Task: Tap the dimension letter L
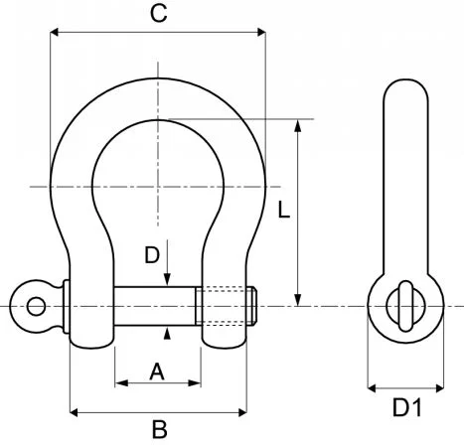[283, 211]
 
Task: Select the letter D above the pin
[152, 255]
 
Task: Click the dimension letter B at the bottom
[158, 429]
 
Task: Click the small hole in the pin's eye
[35, 305]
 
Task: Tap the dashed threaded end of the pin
[228, 305]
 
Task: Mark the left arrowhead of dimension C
[55, 33]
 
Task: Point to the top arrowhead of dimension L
[297, 125]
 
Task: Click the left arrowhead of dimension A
[121, 381]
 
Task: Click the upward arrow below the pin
[167, 333]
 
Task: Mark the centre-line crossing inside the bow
[157, 186]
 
